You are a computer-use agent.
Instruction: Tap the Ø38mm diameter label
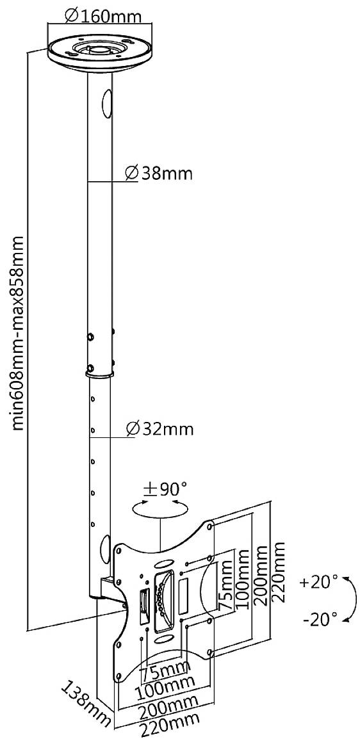158,173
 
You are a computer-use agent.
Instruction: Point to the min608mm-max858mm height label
19,333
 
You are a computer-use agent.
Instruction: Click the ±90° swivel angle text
165,490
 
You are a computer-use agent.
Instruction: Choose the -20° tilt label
318,619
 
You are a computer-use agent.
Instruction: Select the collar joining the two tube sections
99,372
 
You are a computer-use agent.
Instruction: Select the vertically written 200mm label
260,572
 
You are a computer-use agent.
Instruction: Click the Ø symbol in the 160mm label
72,14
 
